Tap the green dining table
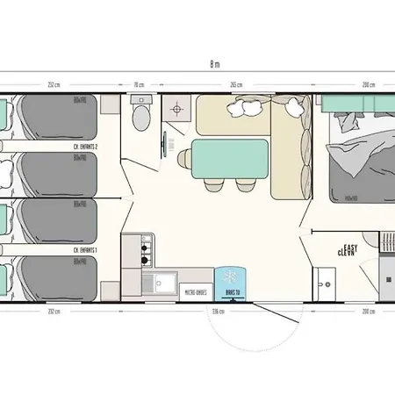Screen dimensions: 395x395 click(x=225, y=159)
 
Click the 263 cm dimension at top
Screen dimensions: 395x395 click(x=234, y=84)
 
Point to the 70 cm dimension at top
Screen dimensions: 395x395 click(x=138, y=84)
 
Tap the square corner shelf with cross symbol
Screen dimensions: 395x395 click(x=176, y=110)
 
